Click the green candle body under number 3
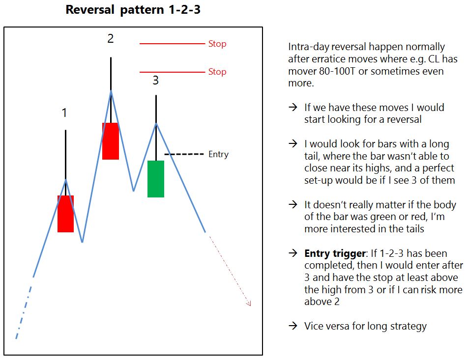pyautogui.click(x=156, y=179)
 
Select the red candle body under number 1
pyautogui.click(x=65, y=214)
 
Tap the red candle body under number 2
pyautogui.click(x=111, y=141)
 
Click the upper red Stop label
pyautogui.click(x=217, y=44)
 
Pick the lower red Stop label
pyautogui.click(x=217, y=72)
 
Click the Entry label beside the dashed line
pyautogui.click(x=218, y=154)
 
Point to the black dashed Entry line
pyautogui.click(x=184, y=154)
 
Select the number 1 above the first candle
pyautogui.click(x=64, y=113)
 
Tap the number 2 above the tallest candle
pyautogui.click(x=111, y=38)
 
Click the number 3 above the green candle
pyautogui.click(x=155, y=81)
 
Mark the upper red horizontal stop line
pyautogui.click(x=172, y=44)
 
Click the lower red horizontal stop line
pyautogui.click(x=172, y=72)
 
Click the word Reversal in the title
pyautogui.click(x=90, y=9)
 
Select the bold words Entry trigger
pyautogui.click(x=335, y=253)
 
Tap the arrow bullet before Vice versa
pyautogui.click(x=293, y=326)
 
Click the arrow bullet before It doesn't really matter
pyautogui.click(x=293, y=204)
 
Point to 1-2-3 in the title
pyautogui.click(x=184, y=9)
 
